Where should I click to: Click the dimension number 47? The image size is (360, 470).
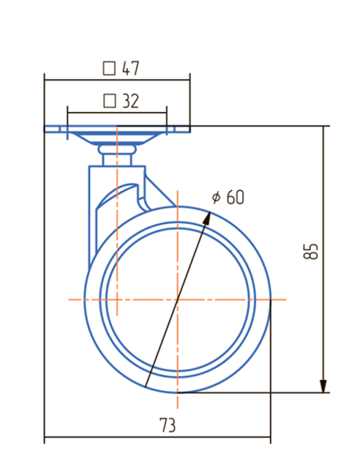[x=131, y=68]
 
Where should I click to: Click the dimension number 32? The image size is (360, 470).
[x=131, y=101]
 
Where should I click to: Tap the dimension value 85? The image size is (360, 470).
[x=310, y=251]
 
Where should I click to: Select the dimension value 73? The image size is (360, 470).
[x=167, y=425]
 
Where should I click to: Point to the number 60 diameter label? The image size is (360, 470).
[x=235, y=197]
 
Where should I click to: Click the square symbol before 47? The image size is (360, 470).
[x=109, y=68]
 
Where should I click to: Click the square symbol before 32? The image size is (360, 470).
[x=110, y=101]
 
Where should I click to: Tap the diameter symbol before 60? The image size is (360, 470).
[x=216, y=197]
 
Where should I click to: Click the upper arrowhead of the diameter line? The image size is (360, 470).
[x=207, y=219]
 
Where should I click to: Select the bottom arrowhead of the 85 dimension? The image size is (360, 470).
[x=323, y=386]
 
